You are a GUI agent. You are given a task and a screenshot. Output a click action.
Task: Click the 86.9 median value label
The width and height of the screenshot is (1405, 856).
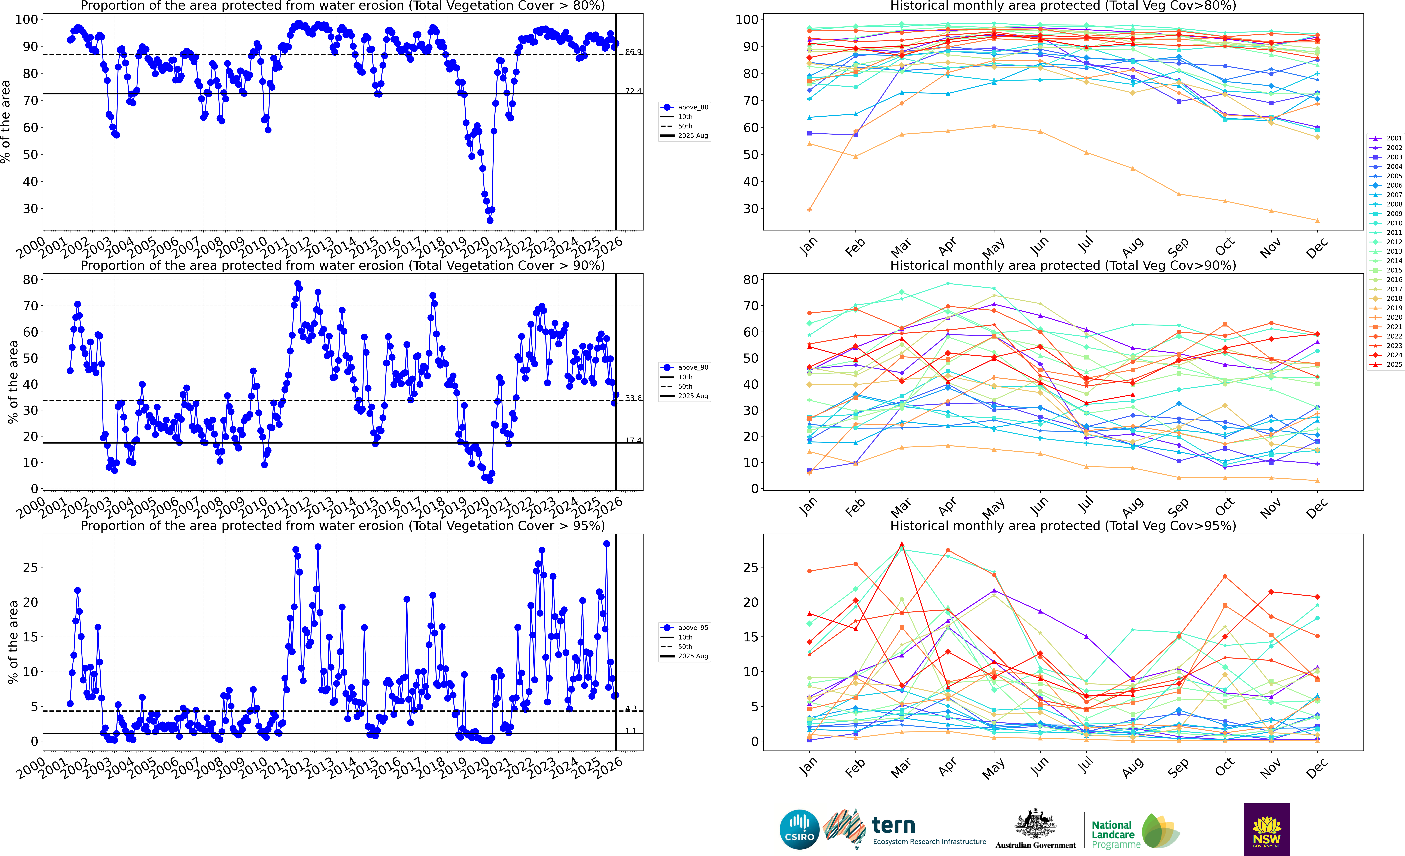(x=633, y=52)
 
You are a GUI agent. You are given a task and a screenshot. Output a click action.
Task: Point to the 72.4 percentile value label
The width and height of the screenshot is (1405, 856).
(x=633, y=91)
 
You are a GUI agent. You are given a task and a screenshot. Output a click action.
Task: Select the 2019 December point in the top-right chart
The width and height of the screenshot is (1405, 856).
(x=1317, y=220)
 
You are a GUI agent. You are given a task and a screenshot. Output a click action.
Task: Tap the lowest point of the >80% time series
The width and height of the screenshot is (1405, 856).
(x=490, y=220)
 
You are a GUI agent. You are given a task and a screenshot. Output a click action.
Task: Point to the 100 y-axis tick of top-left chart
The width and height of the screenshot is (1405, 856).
(x=26, y=19)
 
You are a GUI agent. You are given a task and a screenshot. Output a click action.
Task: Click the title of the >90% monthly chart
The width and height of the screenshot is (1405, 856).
(x=1063, y=265)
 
